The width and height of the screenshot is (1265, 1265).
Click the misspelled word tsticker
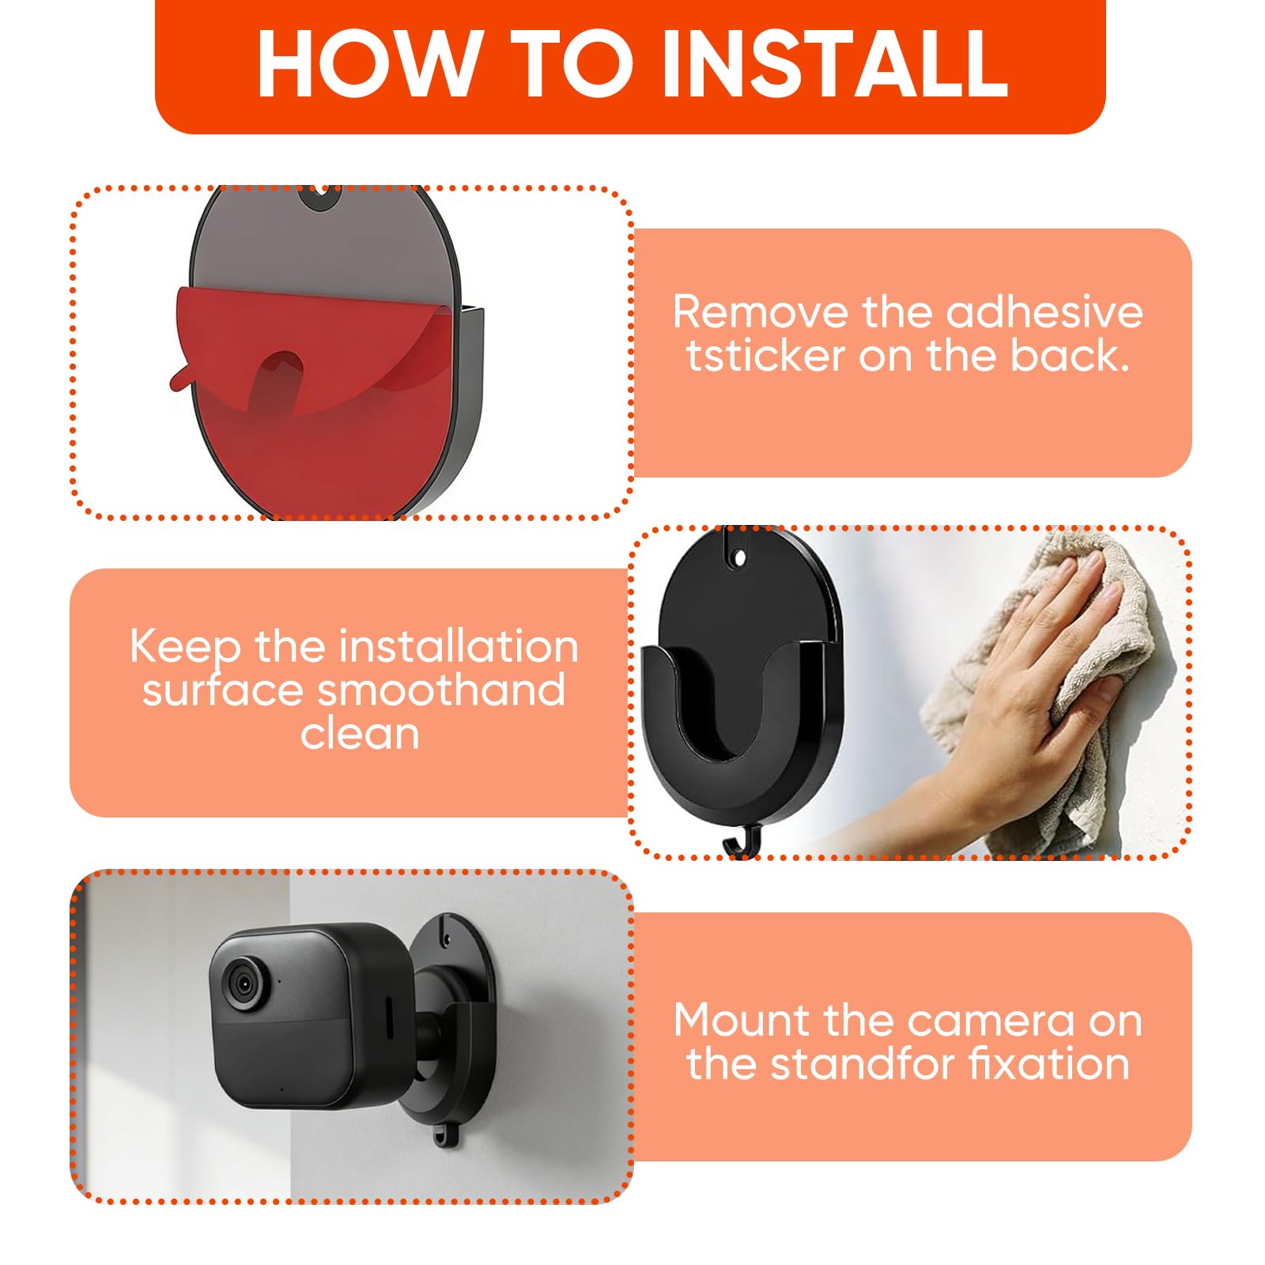[766, 356]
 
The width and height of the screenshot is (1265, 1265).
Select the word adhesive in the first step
[1044, 312]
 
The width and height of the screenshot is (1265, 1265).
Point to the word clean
[360, 734]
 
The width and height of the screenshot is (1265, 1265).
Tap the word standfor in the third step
[863, 1063]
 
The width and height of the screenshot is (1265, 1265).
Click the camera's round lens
[244, 984]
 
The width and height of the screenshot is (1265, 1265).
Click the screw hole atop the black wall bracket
[740, 558]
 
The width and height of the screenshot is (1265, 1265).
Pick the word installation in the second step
[455, 647]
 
